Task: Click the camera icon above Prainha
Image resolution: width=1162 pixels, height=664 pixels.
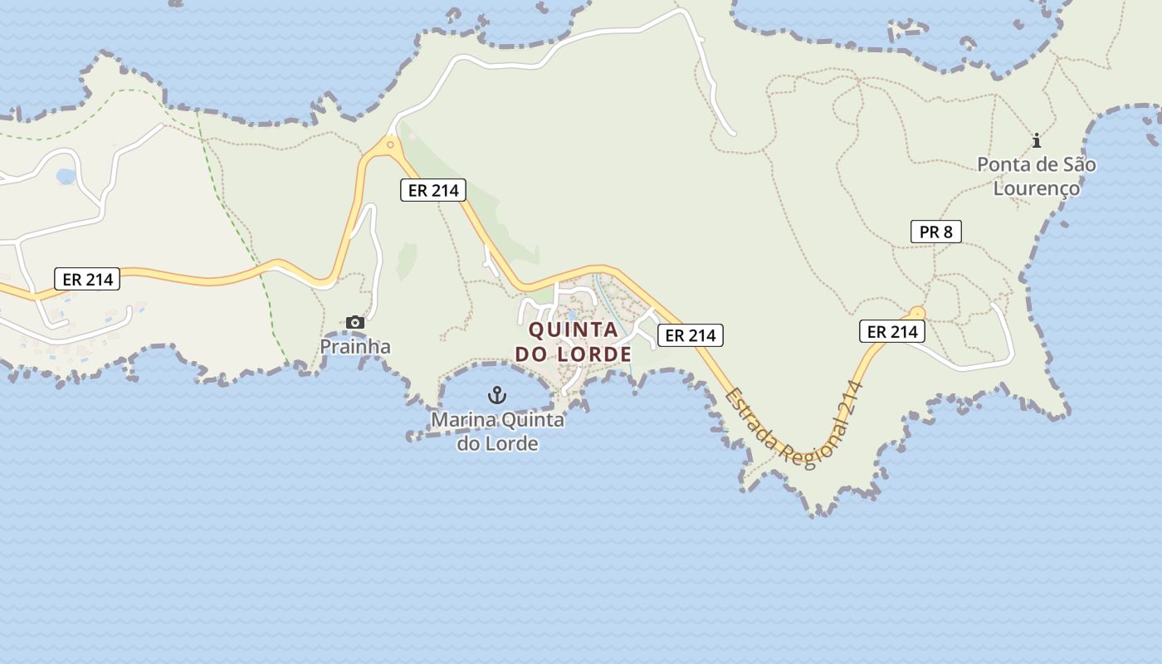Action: pos(355,322)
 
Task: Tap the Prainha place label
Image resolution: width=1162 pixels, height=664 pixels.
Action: pos(355,346)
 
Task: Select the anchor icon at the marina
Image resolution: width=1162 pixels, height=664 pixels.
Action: pos(497,395)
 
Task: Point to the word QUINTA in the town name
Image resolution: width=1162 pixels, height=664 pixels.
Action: pos(574,330)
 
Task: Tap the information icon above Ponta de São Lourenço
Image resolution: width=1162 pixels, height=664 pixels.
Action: pos(1036,140)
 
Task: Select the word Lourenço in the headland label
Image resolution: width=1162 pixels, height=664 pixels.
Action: pos(1037,188)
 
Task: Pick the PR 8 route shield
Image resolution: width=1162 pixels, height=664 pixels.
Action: pos(936,232)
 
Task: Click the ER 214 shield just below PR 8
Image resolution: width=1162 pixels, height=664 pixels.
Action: pos(891,332)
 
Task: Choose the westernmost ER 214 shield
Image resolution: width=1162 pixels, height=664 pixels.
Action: pos(87,279)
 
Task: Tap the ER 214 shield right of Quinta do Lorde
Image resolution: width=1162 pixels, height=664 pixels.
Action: pos(691,335)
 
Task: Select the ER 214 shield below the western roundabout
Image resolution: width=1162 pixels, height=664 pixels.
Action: pos(432,190)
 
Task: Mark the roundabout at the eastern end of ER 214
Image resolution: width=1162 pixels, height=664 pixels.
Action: pos(916,313)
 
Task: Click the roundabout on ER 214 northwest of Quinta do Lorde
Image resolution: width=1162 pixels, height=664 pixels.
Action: pos(389,144)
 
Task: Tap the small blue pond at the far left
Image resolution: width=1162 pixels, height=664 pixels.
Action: pos(65,177)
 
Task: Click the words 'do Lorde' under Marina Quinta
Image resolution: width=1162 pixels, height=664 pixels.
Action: pos(497,443)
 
